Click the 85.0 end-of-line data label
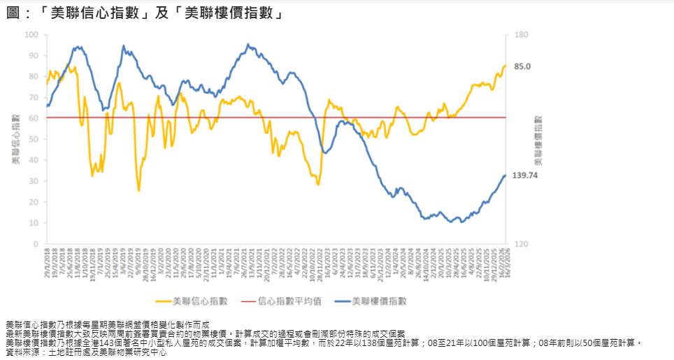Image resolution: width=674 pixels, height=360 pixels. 523,66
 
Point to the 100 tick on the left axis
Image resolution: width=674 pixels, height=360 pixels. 31,34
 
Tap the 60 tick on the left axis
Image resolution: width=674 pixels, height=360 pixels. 34,118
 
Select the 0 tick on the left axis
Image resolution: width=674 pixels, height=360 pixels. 36,244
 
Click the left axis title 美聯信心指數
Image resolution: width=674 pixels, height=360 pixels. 15,139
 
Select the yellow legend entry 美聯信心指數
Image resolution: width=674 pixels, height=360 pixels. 199,301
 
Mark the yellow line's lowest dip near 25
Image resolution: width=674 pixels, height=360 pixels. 138,190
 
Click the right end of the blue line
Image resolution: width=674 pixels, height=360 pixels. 505,175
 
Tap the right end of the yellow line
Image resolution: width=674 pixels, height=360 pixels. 505,66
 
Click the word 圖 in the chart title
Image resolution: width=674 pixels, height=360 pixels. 13,13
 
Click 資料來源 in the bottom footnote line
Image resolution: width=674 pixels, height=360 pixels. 22,352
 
